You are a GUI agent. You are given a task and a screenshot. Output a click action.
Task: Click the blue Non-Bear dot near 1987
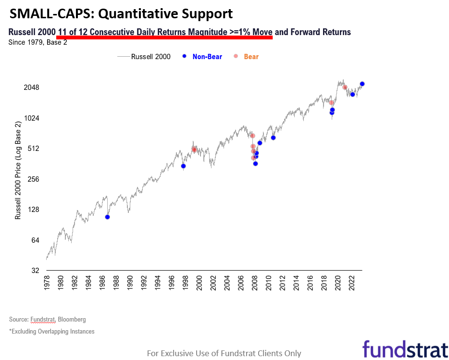pyautogui.click(x=107, y=217)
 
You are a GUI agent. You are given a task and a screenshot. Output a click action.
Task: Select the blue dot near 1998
pyautogui.click(x=183, y=166)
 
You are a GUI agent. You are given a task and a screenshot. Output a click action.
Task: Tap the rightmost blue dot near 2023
pyautogui.click(x=362, y=84)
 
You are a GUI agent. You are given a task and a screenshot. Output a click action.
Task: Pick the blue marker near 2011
pyautogui.click(x=273, y=138)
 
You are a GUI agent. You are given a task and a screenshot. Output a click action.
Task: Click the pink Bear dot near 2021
pyautogui.click(x=345, y=87)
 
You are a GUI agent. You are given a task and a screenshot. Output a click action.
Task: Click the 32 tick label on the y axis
pyautogui.click(x=35, y=271)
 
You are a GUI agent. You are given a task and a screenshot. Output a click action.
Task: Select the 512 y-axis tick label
pyautogui.click(x=33, y=149)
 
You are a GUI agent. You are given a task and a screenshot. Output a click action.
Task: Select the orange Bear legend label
pyautogui.click(x=251, y=57)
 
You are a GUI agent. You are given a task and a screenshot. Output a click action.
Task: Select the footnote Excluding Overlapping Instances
pyautogui.click(x=52, y=331)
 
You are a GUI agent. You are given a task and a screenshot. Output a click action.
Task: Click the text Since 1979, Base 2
pyautogui.click(x=38, y=42)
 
